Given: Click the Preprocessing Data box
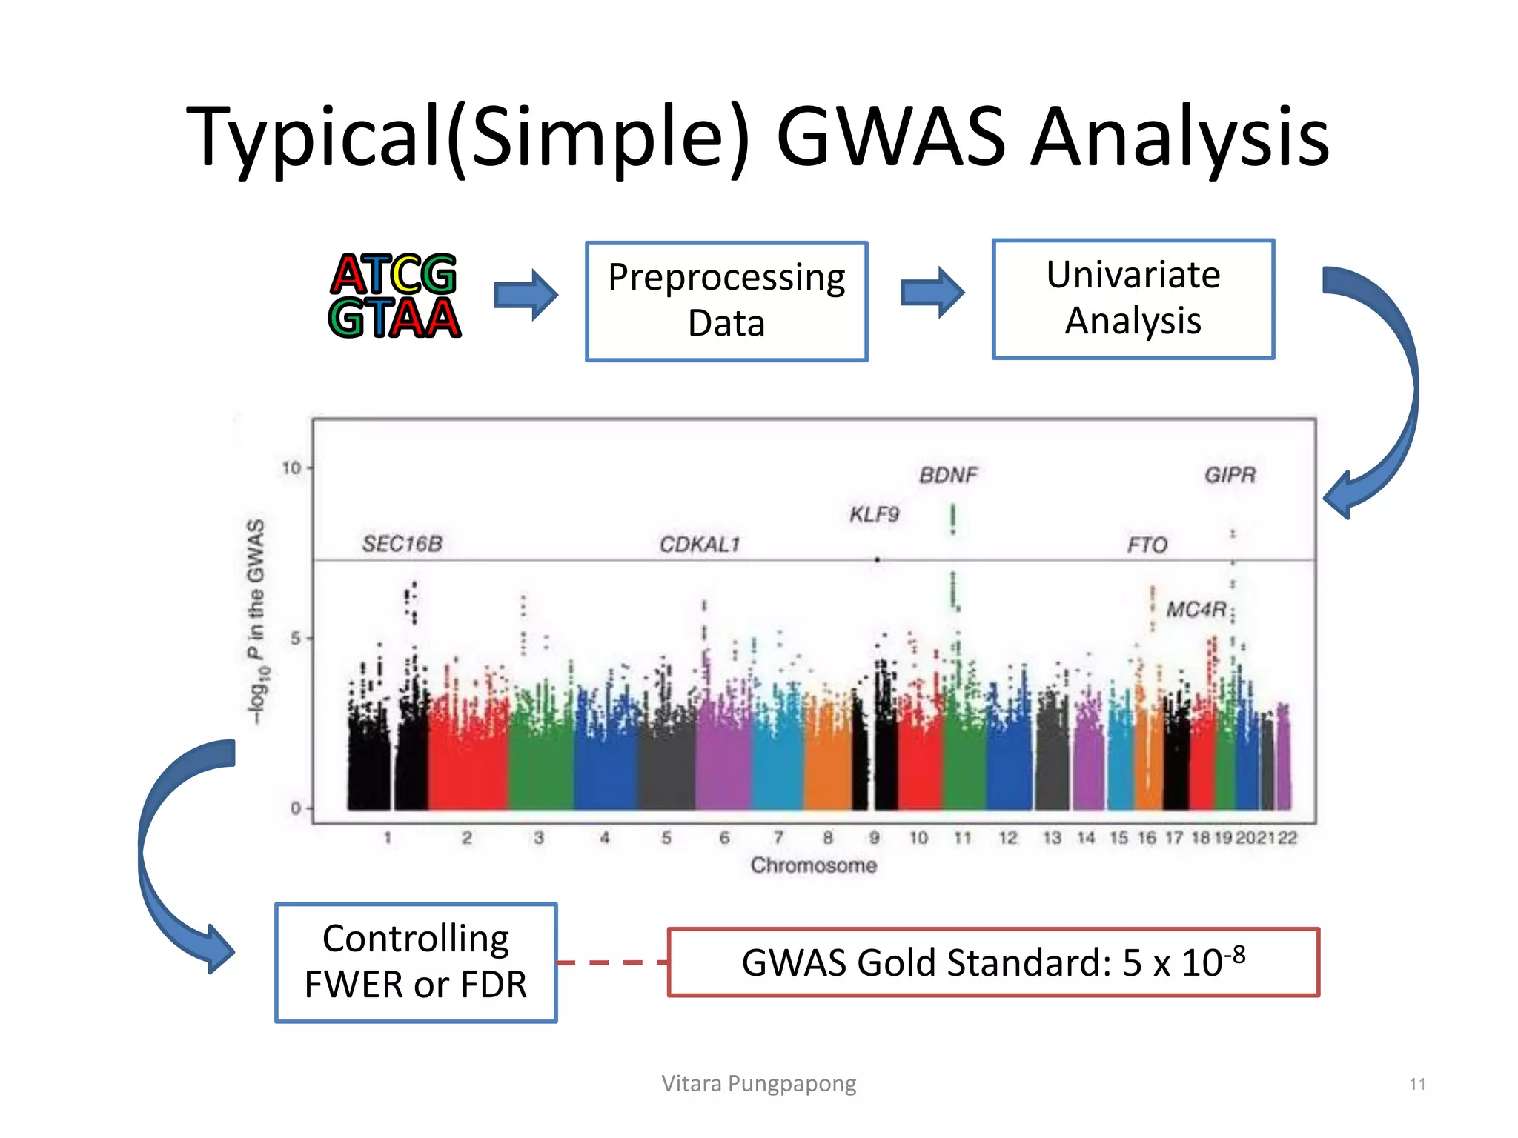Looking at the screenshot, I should click(726, 301).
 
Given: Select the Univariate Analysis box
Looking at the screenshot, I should click(1133, 299).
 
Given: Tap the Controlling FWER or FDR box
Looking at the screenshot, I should click(415, 962).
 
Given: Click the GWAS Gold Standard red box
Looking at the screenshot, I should click(992, 962).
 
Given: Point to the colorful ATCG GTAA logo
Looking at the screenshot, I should click(394, 296).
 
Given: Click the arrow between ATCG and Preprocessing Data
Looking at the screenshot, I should click(526, 295).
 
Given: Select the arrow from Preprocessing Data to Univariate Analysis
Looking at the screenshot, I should click(932, 293).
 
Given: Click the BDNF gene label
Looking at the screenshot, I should click(948, 475).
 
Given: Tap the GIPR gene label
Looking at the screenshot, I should click(1230, 475).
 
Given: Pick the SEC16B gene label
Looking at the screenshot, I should click(402, 544).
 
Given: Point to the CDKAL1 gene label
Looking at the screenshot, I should click(700, 545).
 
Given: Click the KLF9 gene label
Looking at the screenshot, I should click(874, 514).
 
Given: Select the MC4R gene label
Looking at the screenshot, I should click(1196, 609).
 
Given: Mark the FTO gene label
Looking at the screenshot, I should click(1147, 545).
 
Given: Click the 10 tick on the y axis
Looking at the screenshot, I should click(291, 468).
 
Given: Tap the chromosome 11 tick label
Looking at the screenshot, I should click(962, 838).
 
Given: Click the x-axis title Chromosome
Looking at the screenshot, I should click(813, 865).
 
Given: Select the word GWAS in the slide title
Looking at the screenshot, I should click(890, 137).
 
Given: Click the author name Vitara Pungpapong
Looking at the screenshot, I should click(758, 1083).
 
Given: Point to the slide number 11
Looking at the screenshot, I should click(1417, 1084).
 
